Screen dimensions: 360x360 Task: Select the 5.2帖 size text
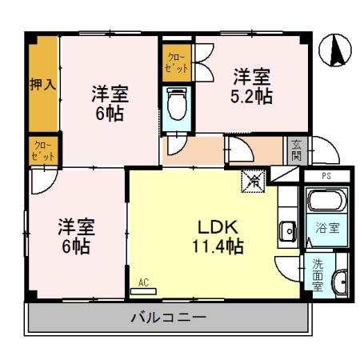pyautogui.click(x=252, y=97)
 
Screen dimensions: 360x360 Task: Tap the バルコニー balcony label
pyautogui.click(x=168, y=318)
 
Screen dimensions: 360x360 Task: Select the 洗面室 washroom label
pyautogui.click(x=318, y=273)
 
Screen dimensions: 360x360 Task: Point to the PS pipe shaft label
pyautogui.click(x=326, y=175)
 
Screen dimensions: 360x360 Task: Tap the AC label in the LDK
pyautogui.click(x=144, y=282)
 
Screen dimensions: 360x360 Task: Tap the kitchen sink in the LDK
pyautogui.click(x=288, y=232)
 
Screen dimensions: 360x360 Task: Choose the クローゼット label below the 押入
pyautogui.click(x=42, y=150)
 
